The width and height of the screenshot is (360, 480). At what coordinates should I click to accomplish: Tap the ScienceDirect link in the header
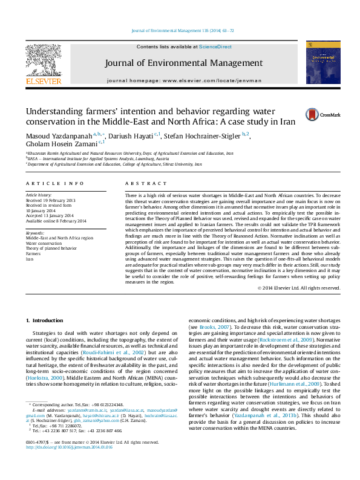pos(216,47)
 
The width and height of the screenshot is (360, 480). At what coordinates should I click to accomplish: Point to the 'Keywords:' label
pos(34,233)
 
